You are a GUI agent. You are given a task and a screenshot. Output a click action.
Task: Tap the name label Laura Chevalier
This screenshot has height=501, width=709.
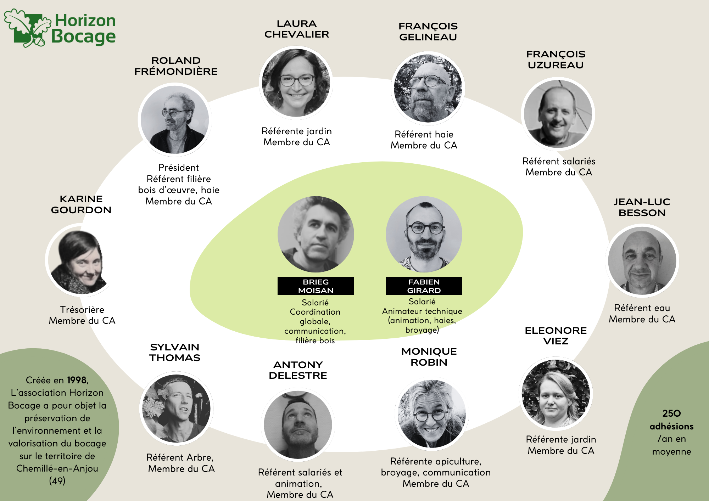pos(297,29)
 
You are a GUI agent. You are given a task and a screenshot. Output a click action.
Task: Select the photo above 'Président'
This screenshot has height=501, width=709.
pos(175,120)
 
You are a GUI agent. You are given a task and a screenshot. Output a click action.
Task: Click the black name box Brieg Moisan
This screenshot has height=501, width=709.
pos(316,286)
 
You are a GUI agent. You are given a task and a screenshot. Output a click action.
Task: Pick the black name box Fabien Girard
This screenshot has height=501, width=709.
pos(424,286)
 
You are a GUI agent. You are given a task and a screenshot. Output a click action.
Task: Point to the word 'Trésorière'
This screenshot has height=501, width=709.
pos(82,310)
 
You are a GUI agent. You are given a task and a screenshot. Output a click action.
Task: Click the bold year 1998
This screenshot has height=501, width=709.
pos(77,380)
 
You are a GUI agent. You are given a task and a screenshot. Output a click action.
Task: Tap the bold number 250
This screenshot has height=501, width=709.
pos(671,413)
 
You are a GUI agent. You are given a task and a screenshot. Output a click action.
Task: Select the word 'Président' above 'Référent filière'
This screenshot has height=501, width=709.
pos(179,168)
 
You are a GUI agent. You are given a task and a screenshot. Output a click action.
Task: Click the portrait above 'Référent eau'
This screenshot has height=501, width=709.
pos(642,261)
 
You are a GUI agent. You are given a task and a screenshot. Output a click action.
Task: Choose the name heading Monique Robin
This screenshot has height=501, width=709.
pos(429,357)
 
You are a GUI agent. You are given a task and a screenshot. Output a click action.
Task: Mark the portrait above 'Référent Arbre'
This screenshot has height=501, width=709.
pos(176,409)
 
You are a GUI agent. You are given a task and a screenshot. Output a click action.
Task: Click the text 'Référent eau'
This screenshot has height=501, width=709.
pos(642,308)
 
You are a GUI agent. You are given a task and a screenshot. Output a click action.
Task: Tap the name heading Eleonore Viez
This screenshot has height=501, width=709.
pos(556,336)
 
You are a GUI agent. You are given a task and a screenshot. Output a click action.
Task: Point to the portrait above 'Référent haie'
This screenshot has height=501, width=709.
pos(428,88)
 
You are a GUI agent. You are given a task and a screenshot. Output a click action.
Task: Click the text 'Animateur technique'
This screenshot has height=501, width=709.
pos(422,311)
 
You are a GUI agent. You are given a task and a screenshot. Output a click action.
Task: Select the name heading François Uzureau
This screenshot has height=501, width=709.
pos(556,60)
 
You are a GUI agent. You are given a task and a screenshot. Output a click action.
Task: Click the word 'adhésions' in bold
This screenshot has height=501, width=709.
pos(671,426)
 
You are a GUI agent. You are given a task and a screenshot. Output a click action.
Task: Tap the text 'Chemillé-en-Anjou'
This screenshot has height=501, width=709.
pos(57,468)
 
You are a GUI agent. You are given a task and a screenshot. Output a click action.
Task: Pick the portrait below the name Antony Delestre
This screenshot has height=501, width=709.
pos(298,424)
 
